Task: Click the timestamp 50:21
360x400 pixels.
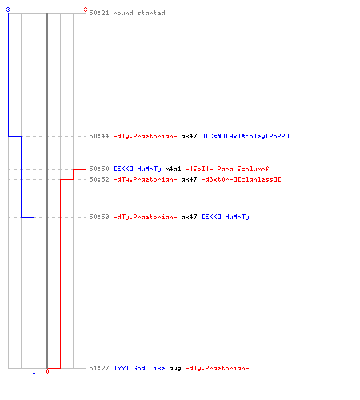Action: click(x=99, y=13)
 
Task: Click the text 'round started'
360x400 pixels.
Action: click(x=139, y=13)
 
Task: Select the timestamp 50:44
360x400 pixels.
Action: click(x=99, y=136)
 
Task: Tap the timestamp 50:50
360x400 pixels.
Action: click(x=99, y=169)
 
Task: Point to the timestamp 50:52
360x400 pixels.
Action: click(x=99, y=179)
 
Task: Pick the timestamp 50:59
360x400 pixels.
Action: click(x=99, y=217)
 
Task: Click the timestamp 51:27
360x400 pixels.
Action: click(x=99, y=368)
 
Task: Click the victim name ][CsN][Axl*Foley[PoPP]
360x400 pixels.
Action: click(x=246, y=136)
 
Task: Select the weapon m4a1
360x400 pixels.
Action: click(x=173, y=169)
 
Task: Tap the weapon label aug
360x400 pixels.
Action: click(x=175, y=369)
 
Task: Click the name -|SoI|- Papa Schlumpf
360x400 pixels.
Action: click(x=227, y=169)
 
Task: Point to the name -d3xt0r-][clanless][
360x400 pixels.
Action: click(x=242, y=179)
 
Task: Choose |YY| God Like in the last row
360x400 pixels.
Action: click(x=140, y=368)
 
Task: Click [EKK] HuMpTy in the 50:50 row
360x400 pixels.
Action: click(x=138, y=169)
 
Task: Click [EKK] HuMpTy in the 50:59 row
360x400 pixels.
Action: click(x=226, y=217)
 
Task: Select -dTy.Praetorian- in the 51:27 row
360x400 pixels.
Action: click(x=218, y=368)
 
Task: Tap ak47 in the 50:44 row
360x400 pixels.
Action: click(x=189, y=136)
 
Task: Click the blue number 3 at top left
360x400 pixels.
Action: click(x=8, y=10)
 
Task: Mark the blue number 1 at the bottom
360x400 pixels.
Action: click(x=34, y=371)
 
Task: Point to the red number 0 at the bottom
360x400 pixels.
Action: click(x=47, y=371)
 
